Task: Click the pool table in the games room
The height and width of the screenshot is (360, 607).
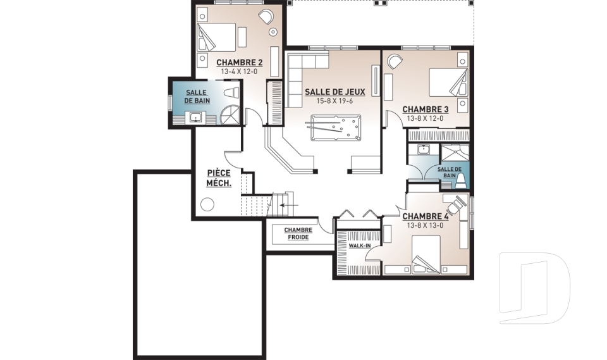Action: pyautogui.click(x=334, y=128)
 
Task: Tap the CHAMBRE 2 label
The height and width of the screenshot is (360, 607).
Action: pyautogui.click(x=239, y=63)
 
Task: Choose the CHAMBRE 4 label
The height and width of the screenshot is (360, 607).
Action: pyautogui.click(x=425, y=216)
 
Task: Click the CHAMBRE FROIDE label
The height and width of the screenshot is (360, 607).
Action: pyautogui.click(x=297, y=233)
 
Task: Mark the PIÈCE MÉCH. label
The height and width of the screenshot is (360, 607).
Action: pyautogui.click(x=219, y=178)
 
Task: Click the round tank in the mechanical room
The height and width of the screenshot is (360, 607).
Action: pyautogui.click(x=206, y=204)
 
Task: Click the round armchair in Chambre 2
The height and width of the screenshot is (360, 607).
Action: pyautogui.click(x=266, y=17)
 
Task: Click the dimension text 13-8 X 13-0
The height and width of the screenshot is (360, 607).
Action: pyautogui.click(x=425, y=225)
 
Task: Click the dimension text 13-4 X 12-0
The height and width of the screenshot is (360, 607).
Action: pyautogui.click(x=239, y=71)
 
